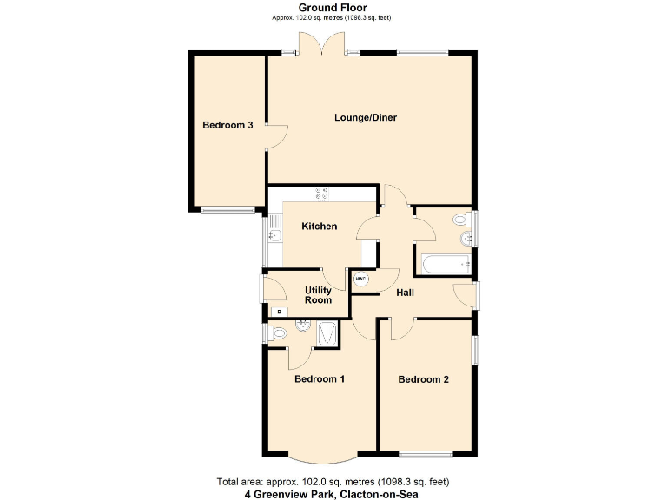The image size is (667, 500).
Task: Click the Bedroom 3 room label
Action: [228, 125]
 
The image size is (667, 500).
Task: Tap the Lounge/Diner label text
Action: [366, 117]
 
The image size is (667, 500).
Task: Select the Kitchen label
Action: [319, 227]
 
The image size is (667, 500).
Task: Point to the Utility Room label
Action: [318, 295]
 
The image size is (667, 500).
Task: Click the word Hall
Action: [405, 293]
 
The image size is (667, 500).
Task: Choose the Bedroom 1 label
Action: [320, 379]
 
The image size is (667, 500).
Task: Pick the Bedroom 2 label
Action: [423, 379]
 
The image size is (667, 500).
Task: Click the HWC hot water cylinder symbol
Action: [361, 279]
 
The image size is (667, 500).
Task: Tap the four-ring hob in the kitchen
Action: [323, 194]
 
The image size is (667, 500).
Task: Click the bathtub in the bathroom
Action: [444, 262]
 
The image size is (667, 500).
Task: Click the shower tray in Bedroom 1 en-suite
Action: [329, 333]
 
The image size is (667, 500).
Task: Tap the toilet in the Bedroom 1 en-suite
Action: [277, 332]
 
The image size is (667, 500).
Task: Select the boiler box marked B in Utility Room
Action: [279, 311]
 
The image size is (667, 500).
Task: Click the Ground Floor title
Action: [333, 8]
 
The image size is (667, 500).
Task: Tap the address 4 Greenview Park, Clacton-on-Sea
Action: [333, 493]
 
